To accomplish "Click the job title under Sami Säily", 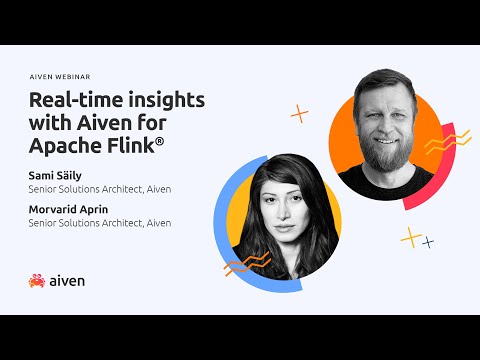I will [x=100, y=187].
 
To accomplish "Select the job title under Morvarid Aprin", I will [x=100, y=223].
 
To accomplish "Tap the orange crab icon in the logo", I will [x=37, y=281].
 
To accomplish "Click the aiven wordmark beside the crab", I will [x=67, y=281].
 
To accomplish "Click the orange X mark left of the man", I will [x=299, y=114].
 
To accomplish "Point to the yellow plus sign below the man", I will [x=409, y=237].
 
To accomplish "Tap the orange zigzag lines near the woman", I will [x=241, y=265].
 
